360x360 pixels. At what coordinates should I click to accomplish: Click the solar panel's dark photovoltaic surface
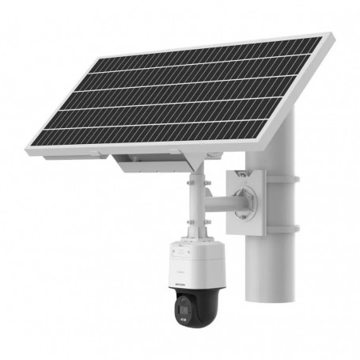[190, 95]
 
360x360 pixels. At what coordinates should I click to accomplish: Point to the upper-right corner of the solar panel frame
[325, 36]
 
